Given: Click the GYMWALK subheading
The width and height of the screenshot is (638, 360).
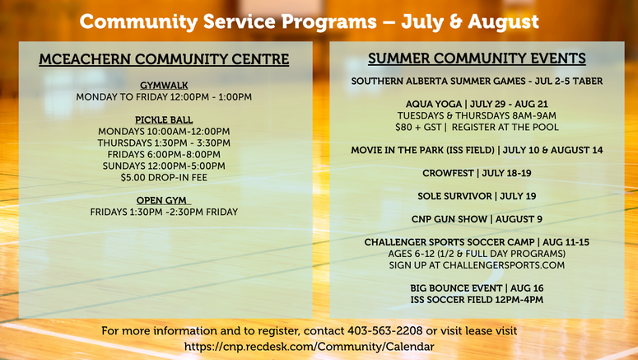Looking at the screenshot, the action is tap(164, 86).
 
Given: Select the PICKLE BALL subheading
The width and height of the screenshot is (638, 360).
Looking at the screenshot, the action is tap(164, 120).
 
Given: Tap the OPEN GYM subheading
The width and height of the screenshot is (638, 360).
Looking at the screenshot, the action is tap(161, 201).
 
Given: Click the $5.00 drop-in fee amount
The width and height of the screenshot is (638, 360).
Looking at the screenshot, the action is tap(133, 178).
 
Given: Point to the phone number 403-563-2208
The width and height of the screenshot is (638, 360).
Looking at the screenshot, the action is tap(385, 330).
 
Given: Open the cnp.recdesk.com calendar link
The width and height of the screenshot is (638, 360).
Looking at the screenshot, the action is tap(310, 347).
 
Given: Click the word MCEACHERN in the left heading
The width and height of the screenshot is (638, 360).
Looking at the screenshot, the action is tap(86, 59).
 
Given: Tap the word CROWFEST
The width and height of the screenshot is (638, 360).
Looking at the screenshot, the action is tap(448, 174).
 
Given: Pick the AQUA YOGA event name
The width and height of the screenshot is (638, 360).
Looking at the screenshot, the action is tap(434, 105).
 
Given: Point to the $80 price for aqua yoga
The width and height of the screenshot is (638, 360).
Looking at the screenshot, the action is tap(403, 128).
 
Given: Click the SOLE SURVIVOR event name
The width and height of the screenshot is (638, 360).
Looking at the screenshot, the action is tap(455, 196).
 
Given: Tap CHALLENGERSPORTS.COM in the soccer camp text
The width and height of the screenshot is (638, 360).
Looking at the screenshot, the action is tap(504, 265).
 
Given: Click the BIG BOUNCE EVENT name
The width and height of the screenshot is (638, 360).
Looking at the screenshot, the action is tap(456, 288).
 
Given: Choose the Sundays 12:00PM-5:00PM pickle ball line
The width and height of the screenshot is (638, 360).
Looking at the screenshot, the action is tap(164, 166).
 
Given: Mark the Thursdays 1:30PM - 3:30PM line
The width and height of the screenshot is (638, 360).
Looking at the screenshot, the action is tap(164, 143).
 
